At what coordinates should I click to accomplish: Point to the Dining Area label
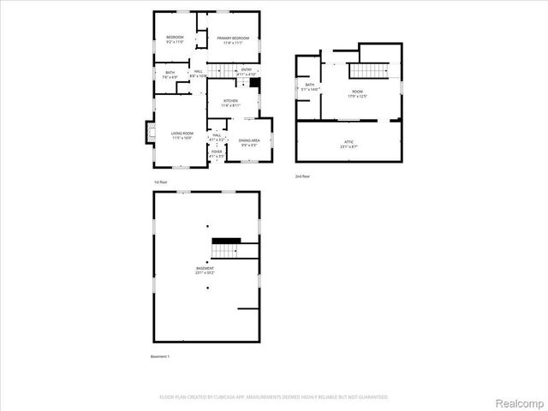coord(250,141)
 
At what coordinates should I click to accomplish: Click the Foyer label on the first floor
coord(217,154)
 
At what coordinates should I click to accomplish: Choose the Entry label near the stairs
coord(247,71)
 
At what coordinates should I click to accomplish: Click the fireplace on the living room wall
coord(147,133)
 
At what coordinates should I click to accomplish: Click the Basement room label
coord(205,271)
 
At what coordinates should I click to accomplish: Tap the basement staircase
coord(224,250)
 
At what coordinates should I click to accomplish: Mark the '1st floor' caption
coord(160,182)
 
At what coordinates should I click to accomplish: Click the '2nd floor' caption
coord(301,176)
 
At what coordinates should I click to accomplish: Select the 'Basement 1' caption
coord(160,356)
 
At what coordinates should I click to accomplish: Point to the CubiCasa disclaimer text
coord(274,396)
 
